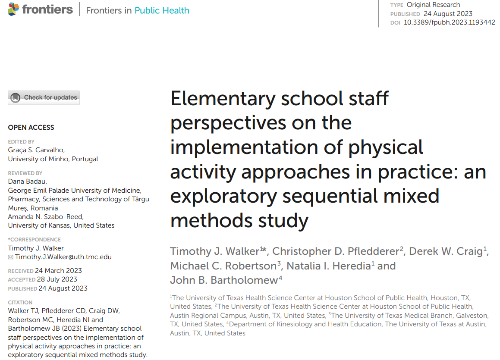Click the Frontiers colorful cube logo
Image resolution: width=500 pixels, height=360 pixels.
click(14, 9)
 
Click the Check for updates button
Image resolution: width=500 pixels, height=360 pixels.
click(44, 97)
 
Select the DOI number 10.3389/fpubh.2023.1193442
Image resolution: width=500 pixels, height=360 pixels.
click(449, 22)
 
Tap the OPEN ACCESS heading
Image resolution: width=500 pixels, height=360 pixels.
click(31, 128)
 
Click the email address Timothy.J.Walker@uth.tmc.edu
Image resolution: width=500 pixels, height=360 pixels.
click(63, 257)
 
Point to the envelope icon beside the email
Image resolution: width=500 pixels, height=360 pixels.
click(11, 257)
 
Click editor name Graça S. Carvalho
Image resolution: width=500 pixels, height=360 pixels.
click(36, 150)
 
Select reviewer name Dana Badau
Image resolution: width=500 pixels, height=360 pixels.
click(27, 182)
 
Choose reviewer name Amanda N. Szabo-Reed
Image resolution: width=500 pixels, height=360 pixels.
click(46, 216)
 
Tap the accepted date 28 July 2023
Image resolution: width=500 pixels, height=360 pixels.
click(57, 279)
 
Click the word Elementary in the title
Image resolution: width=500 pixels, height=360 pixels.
click(223, 99)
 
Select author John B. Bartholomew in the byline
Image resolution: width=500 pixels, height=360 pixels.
click(224, 280)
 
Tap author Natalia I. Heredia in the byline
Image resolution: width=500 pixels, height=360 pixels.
click(328, 266)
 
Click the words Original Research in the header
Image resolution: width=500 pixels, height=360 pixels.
click(433, 5)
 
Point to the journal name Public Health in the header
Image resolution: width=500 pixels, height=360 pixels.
click(162, 10)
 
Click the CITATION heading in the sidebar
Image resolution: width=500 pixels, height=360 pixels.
click(20, 303)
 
